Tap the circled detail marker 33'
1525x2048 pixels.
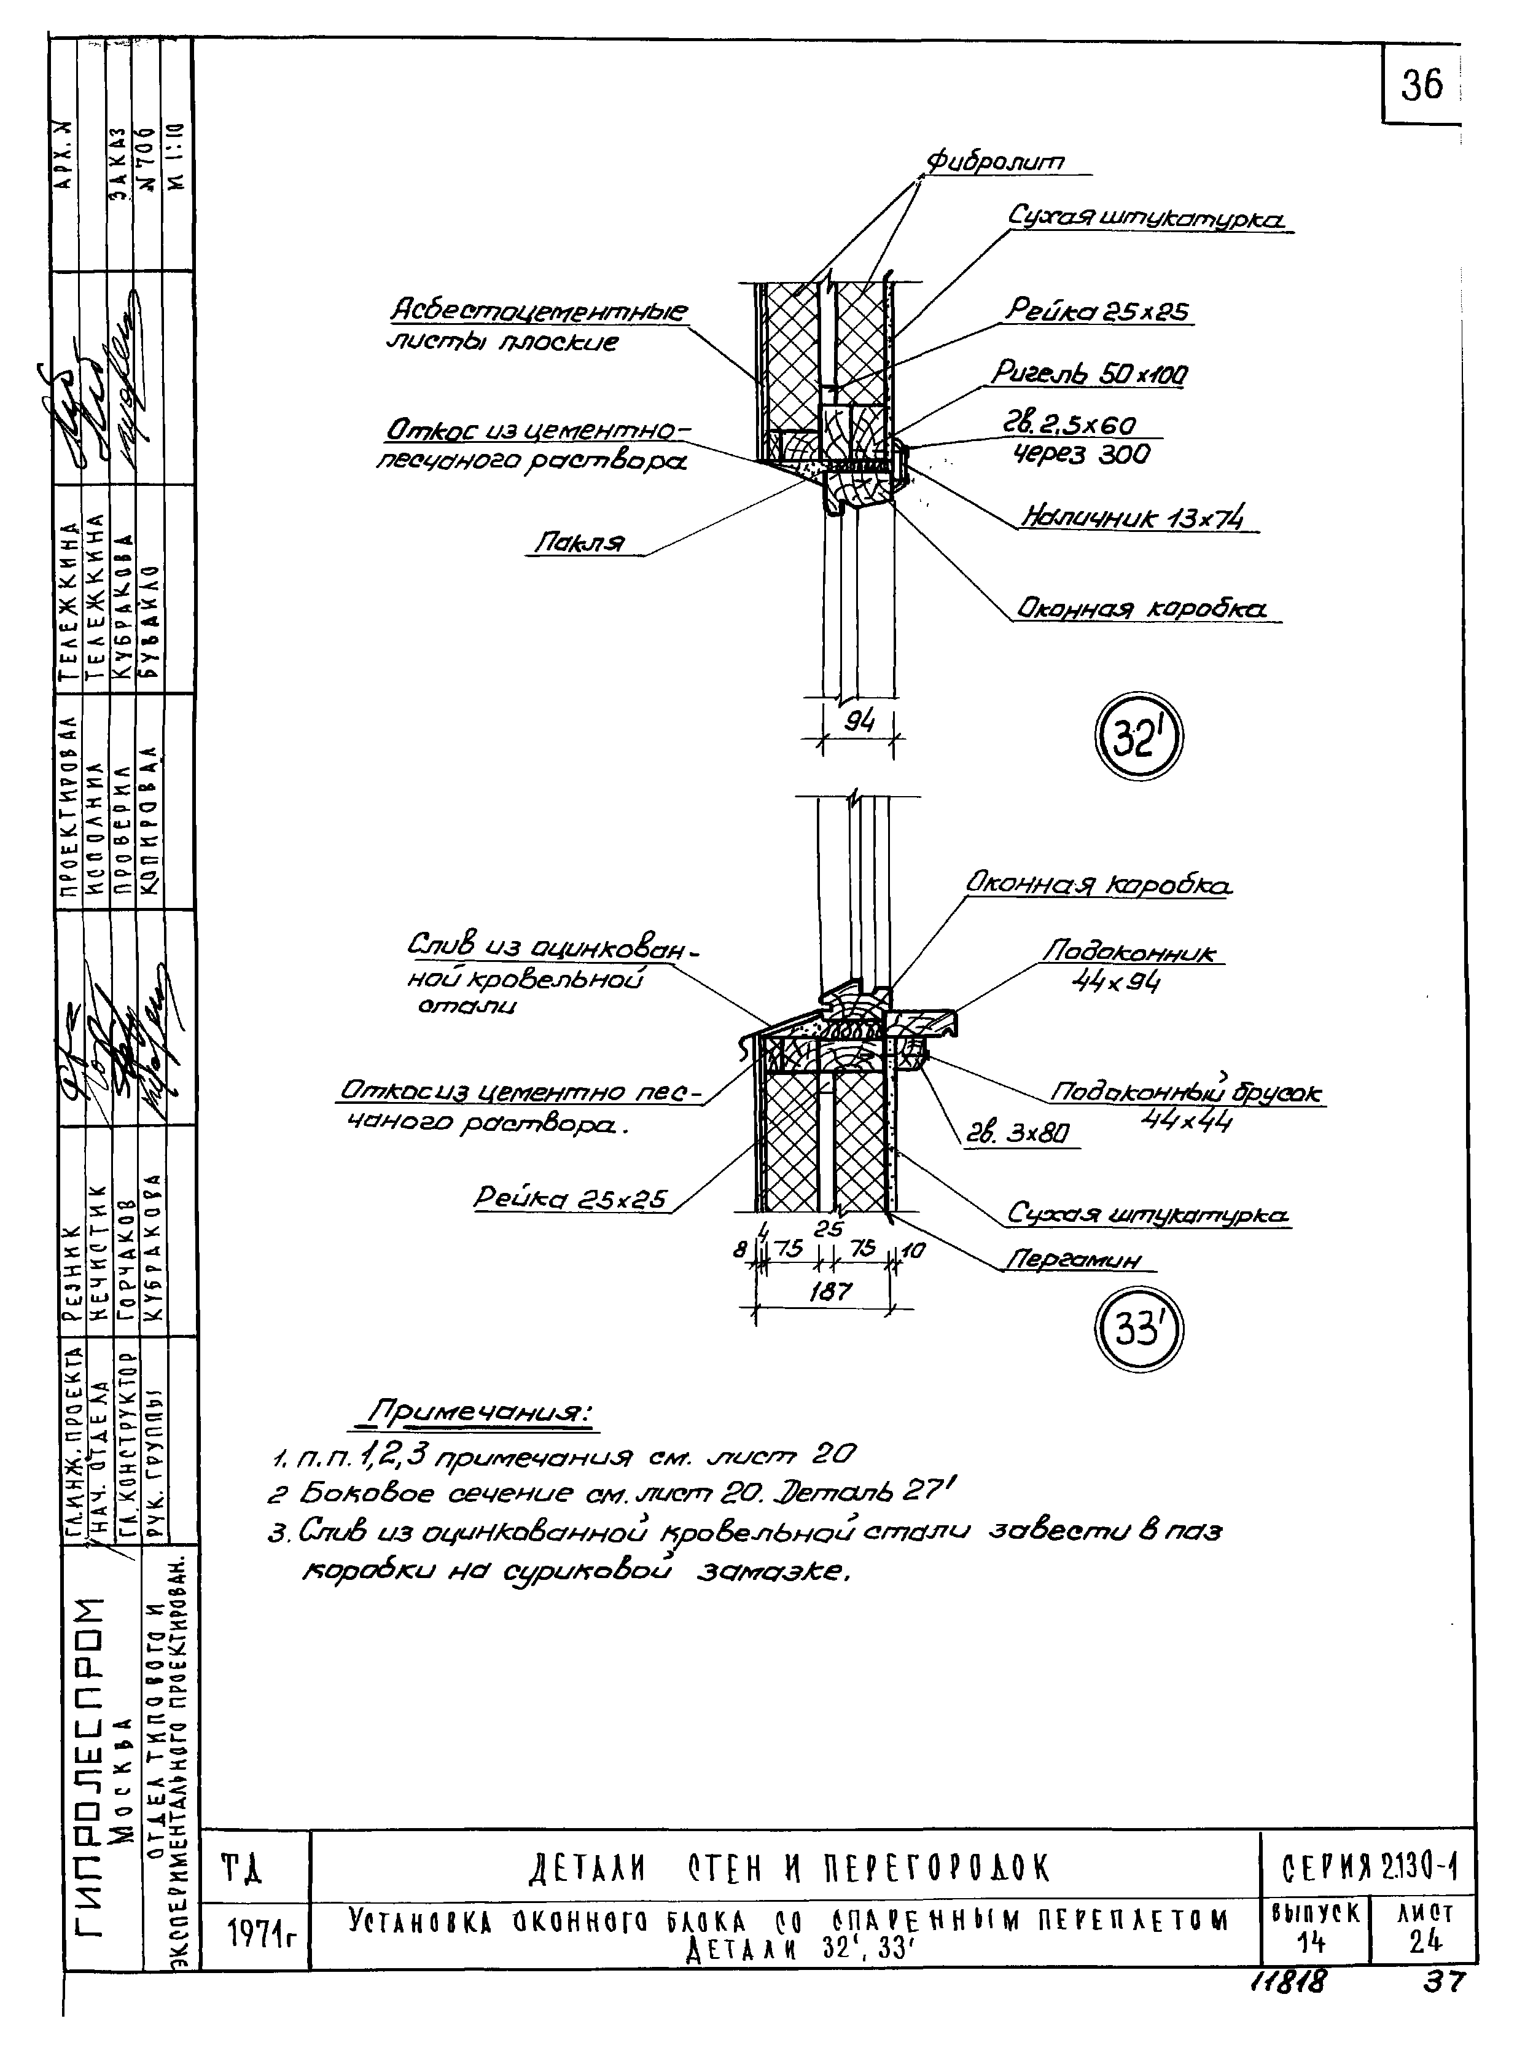1137,1331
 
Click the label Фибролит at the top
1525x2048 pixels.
995,163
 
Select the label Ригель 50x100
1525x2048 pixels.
1090,374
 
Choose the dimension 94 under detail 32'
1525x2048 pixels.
859,721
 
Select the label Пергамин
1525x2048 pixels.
1073,1259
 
